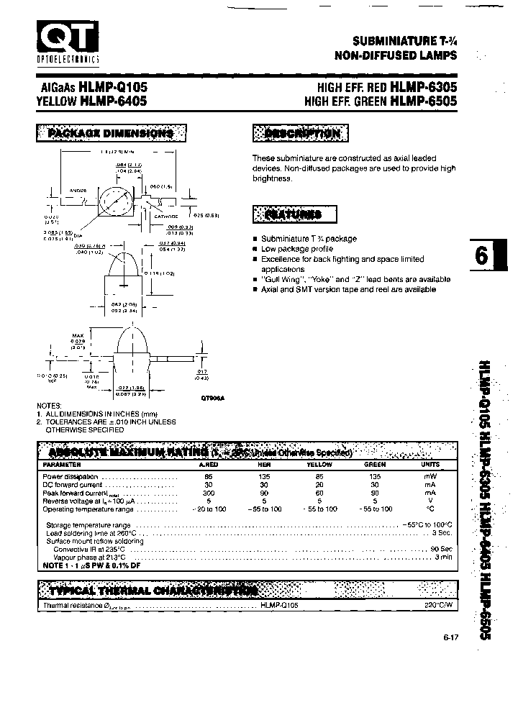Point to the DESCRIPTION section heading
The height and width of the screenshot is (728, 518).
click(x=301, y=133)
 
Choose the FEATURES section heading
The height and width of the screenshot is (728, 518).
click(x=293, y=214)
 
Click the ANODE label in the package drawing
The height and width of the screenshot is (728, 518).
click(x=78, y=191)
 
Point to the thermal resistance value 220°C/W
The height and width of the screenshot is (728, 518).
click(x=441, y=606)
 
